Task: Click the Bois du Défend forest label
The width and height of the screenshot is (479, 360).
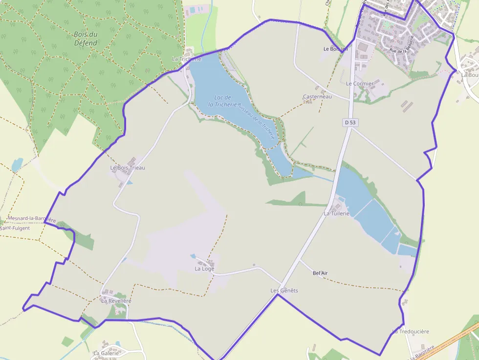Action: pos(86,39)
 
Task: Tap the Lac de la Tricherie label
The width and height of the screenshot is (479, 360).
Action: pos(222,101)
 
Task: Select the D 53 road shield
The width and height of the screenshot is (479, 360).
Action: pos(349,123)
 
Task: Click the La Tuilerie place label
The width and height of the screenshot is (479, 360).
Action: pos(337,213)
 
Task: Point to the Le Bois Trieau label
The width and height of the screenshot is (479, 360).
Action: pos(128,168)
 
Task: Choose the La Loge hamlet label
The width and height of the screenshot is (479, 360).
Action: pos(204,269)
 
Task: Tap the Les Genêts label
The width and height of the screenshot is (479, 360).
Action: pos(284,290)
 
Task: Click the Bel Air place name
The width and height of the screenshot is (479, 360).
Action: pos(320,273)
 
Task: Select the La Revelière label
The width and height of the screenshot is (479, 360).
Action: pos(116,301)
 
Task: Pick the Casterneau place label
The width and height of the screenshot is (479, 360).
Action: pos(317,97)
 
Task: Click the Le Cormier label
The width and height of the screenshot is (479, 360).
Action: pos(360,84)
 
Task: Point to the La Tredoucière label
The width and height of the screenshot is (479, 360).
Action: pos(411,332)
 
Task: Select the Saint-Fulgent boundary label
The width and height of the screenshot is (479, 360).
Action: pos(15,228)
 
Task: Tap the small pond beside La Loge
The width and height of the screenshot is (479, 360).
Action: pos(193,256)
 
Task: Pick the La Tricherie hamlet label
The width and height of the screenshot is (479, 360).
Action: pos(186,59)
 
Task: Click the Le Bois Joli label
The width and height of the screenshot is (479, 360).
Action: pos(335,49)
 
